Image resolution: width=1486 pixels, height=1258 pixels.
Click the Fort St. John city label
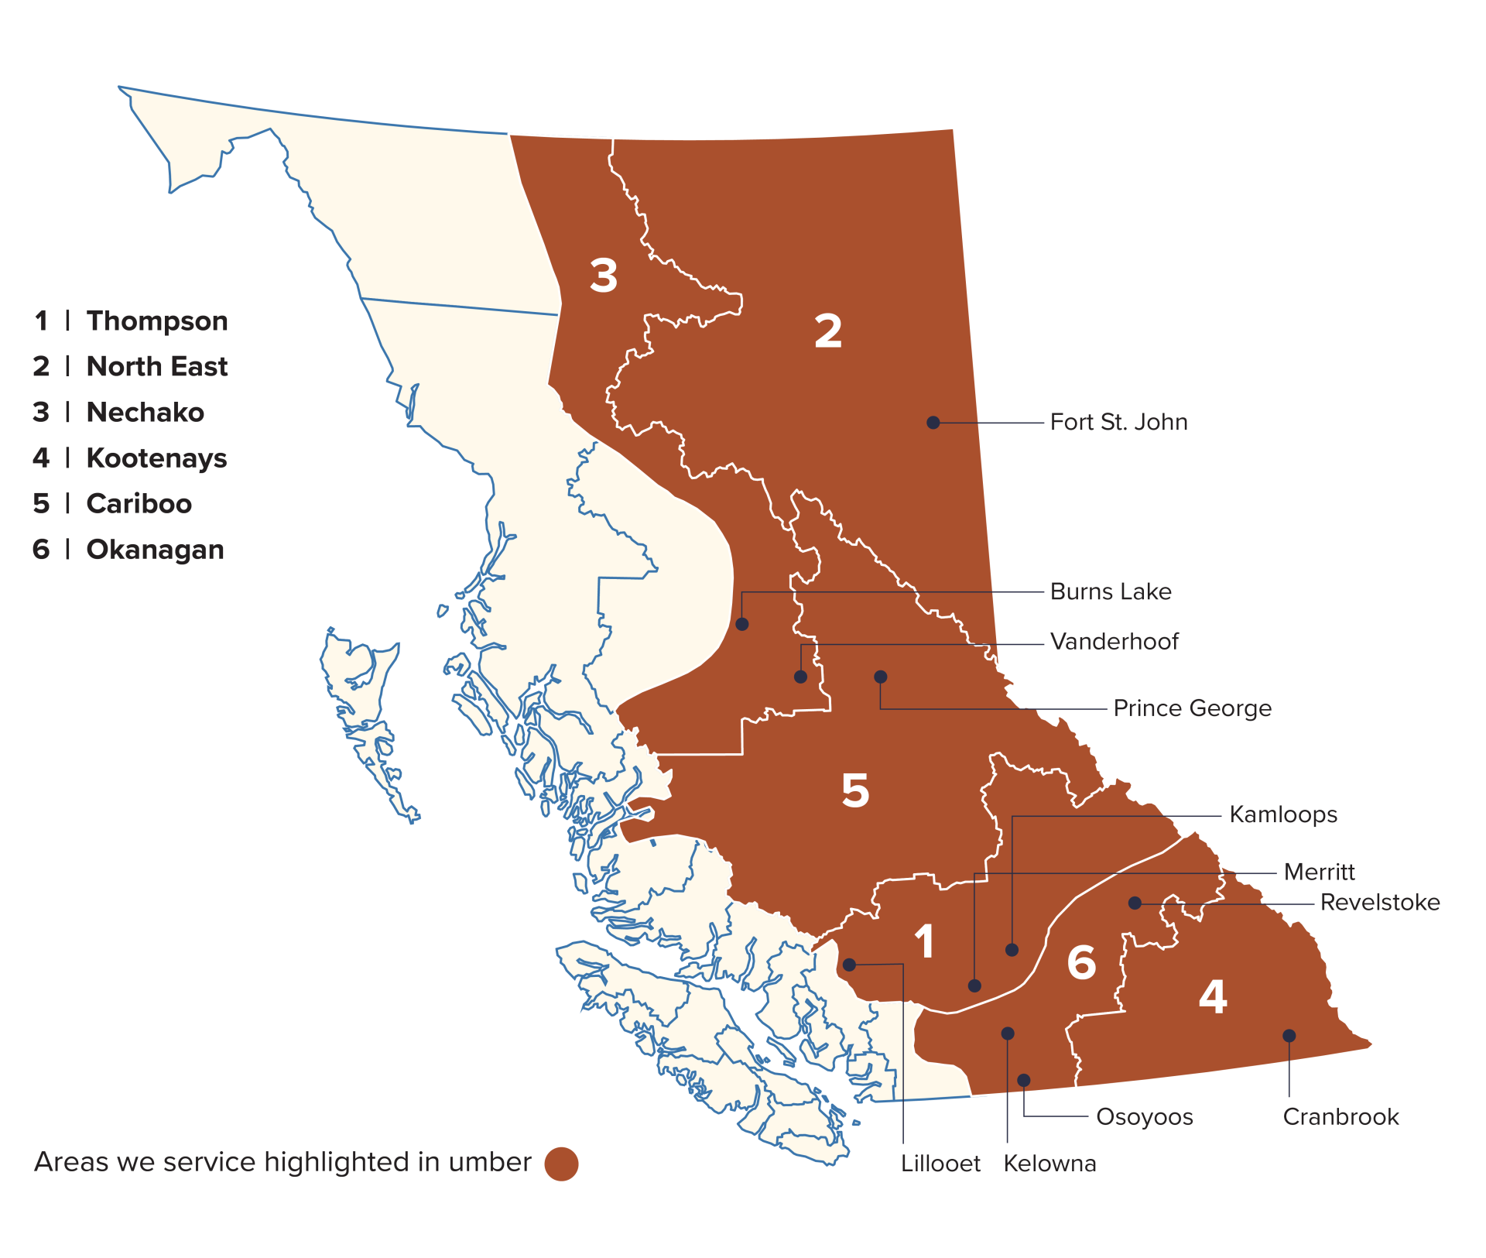tap(1118, 422)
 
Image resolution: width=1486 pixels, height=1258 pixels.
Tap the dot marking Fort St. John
tap(933, 422)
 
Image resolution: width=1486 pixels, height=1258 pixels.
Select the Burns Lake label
tap(1111, 591)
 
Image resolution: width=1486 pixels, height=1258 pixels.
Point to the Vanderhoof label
tap(1114, 641)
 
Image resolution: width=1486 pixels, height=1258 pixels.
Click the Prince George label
tap(1192, 708)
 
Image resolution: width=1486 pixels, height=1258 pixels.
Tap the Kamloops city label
tap(1283, 814)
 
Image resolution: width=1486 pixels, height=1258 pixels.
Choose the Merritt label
tap(1320, 872)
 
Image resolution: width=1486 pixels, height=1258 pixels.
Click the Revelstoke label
tap(1380, 902)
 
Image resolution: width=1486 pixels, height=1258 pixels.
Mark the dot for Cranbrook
tap(1289, 1035)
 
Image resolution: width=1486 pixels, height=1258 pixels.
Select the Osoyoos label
tap(1145, 1117)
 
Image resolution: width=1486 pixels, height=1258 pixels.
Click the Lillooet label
tap(940, 1164)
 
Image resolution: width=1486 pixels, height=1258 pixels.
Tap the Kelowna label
tap(1049, 1164)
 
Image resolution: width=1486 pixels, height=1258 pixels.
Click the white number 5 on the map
tap(855, 790)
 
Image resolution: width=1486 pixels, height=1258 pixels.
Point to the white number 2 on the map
tap(827, 331)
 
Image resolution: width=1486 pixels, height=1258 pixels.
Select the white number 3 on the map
tap(604, 275)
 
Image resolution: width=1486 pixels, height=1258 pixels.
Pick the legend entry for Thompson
tap(131, 320)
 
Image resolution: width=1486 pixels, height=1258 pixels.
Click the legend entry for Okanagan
tap(128, 549)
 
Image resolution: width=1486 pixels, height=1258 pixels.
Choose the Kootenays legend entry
tap(130, 458)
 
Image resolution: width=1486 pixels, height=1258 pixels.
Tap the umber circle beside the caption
tap(561, 1164)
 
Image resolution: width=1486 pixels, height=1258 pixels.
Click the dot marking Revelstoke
tap(1135, 903)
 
